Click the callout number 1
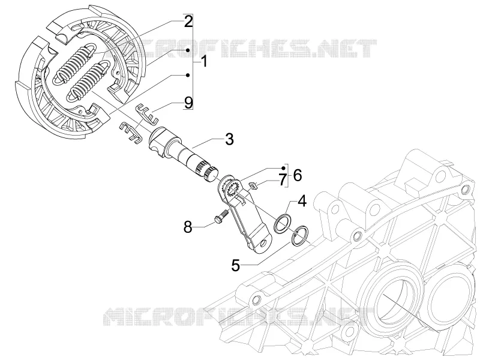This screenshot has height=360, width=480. [204, 62]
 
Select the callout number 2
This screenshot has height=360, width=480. [188, 22]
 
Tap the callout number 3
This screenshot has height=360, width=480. [229, 139]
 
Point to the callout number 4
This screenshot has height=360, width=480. [302, 201]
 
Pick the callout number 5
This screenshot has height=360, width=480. [235, 265]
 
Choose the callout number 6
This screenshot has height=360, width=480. [297, 175]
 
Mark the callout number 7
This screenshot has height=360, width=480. [282, 180]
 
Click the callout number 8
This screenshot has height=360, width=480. [188, 227]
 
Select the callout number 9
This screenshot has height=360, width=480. [188, 103]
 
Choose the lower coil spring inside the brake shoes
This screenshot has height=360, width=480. [90, 80]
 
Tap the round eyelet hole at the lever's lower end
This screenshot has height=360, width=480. [262, 243]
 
